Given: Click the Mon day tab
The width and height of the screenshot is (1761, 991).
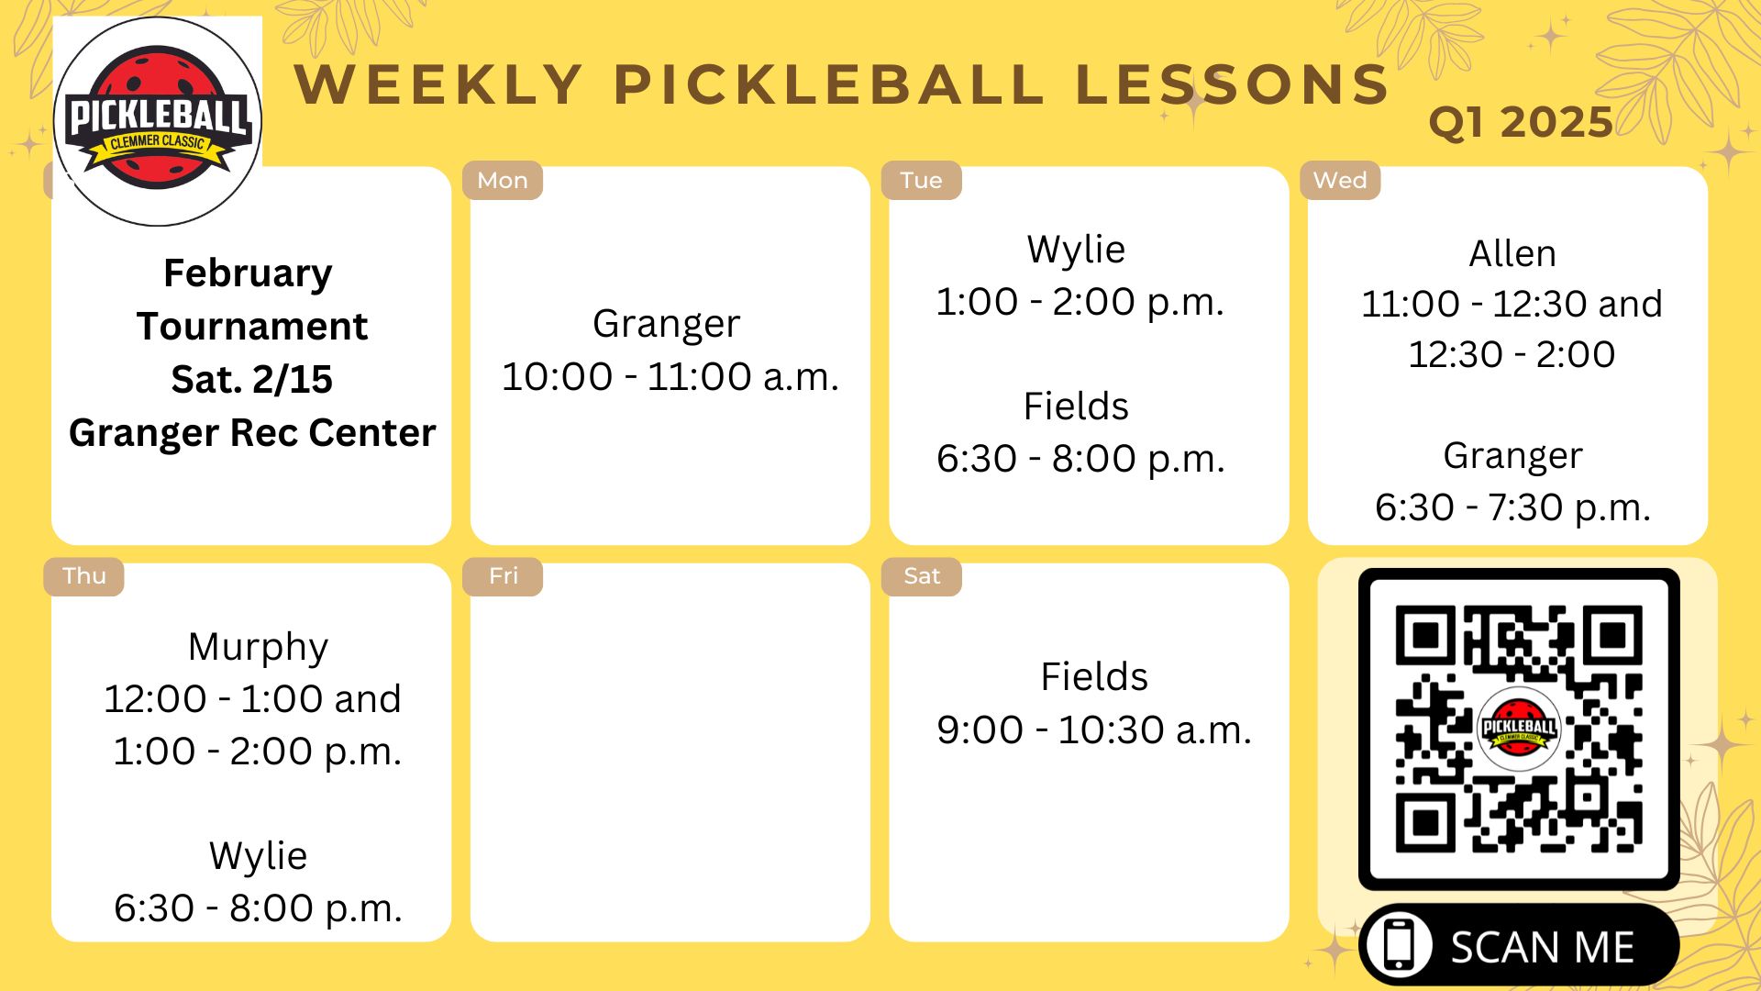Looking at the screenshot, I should pos(503,181).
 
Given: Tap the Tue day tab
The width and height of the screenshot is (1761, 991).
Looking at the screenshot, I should pos(921,181).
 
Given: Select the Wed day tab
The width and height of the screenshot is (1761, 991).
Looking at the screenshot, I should pos(1340,181).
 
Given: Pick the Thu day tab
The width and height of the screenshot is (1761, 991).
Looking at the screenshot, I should pos(83,576).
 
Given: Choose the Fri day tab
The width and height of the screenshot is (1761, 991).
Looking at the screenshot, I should pos(503,576).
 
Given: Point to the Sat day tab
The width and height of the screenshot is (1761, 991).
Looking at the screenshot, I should pos(921,576).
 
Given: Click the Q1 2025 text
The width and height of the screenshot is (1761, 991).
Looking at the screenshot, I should pos(1521,122).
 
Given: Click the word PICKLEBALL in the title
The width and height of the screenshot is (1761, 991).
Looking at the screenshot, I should pos(828,84).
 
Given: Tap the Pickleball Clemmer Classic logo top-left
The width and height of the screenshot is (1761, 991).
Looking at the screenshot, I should pos(158,121).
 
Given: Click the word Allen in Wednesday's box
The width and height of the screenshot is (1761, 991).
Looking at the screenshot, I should pos(1512,254).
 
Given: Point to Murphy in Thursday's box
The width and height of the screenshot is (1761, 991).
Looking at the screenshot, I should pos(258,647).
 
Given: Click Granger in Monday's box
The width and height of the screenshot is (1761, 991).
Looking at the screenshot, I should pos(667,324).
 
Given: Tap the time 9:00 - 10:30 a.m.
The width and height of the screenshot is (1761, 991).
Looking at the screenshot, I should pos(1093,730).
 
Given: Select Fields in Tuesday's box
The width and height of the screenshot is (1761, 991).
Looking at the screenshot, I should pos(1076,406).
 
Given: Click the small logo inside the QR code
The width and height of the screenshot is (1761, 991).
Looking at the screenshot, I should pos(1519,729).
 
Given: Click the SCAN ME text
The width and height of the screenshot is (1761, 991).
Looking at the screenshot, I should pos(1543,947).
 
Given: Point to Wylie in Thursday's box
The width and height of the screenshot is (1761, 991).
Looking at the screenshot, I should pos(258,856).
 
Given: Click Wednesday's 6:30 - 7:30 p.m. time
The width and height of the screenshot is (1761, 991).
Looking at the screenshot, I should pos(1512,507).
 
